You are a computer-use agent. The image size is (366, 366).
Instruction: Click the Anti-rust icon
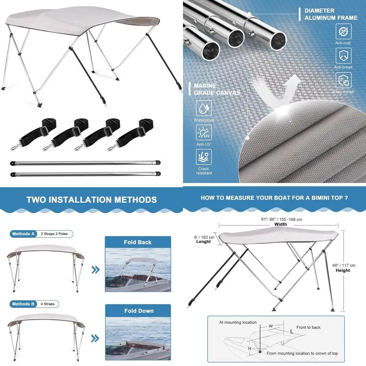tap(343, 32)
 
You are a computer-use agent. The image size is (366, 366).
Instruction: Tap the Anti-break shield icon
tap(343, 56)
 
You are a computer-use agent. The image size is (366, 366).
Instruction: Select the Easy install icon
tap(343, 80)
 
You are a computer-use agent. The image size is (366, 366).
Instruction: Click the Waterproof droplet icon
tap(204, 109)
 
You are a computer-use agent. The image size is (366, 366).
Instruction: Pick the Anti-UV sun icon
tap(204, 132)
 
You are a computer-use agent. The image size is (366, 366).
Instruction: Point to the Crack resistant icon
tap(204, 157)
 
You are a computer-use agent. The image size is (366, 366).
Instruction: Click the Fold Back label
tap(138, 242)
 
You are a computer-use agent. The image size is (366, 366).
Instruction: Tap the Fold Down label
tap(138, 311)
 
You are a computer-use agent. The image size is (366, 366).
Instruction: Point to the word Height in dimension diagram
tap(343, 270)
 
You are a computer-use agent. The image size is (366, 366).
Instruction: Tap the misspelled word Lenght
tap(203, 242)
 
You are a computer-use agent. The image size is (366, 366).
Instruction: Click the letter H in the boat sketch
tap(250, 349)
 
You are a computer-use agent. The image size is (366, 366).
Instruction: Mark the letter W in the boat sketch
tap(270, 326)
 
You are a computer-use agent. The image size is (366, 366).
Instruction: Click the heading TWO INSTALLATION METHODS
tap(91, 200)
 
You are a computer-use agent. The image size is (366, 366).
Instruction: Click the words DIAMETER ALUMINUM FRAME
tap(331, 14)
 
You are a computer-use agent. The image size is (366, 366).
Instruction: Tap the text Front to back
tap(308, 328)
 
